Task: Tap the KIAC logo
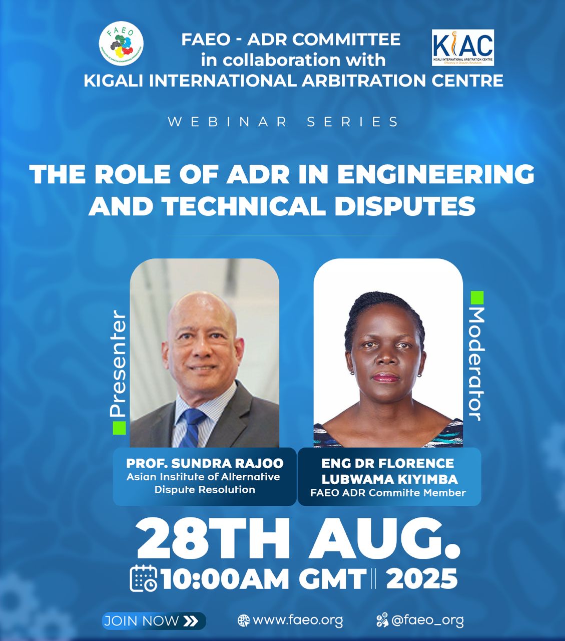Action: point(463,48)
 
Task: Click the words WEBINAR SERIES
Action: point(283,122)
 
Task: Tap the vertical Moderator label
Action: point(477,364)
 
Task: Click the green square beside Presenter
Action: point(119,428)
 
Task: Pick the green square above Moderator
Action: point(477,297)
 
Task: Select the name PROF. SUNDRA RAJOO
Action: point(205,464)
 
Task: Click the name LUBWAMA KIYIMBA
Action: point(390,479)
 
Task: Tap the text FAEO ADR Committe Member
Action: point(388,493)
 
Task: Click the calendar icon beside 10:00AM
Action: point(144,579)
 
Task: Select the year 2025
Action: point(422,579)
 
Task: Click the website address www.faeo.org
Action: point(298,621)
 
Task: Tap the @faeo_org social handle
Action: point(427,621)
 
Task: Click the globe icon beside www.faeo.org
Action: point(243,621)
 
